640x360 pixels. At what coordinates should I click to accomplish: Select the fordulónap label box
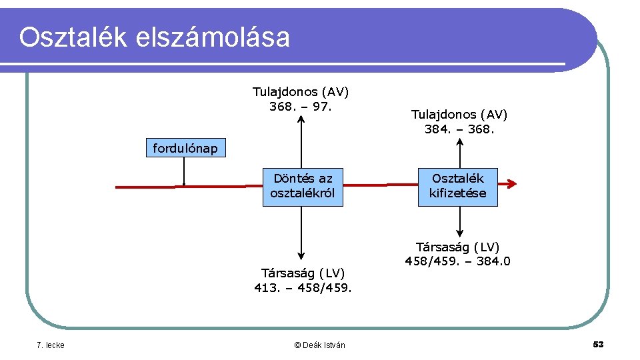point(185,148)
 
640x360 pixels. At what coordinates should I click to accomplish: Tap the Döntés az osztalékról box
point(302,187)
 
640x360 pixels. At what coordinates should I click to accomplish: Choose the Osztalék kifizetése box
point(457,187)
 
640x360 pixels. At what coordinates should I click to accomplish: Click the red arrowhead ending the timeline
point(511,185)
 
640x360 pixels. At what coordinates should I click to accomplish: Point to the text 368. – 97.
point(301,107)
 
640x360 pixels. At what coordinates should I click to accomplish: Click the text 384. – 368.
point(459,129)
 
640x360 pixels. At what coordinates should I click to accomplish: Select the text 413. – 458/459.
point(303,288)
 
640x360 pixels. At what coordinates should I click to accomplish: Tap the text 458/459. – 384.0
point(457,261)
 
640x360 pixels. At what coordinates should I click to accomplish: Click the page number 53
point(598,344)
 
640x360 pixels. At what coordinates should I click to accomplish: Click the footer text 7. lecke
point(50,345)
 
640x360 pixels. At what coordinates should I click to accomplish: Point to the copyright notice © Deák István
point(319,345)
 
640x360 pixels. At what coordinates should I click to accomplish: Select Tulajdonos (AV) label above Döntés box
point(301,92)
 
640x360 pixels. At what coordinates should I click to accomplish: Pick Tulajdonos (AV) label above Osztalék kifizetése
point(459,115)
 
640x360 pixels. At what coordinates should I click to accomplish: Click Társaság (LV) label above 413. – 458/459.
point(303,273)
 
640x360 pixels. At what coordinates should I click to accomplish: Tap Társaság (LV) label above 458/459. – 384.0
point(457,247)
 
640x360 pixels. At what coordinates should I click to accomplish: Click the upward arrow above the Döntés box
point(302,143)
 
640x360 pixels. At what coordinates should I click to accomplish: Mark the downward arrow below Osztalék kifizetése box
point(459,222)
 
